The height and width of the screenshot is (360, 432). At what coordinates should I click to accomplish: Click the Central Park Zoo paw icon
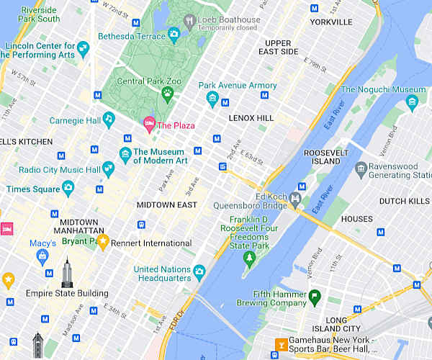tap(167, 93)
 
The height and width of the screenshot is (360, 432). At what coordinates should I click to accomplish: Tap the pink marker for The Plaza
tap(149, 125)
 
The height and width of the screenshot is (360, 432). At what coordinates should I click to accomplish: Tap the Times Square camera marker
tap(68, 188)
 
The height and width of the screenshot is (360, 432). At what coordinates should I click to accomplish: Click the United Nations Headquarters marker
tap(199, 271)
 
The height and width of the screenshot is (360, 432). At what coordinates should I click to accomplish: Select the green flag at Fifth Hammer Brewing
tap(314, 296)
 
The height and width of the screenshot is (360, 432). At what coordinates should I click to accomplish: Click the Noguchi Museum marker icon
tap(411, 102)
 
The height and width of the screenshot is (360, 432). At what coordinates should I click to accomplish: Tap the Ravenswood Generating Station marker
tap(361, 169)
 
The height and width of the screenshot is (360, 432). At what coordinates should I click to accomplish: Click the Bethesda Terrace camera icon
tap(174, 34)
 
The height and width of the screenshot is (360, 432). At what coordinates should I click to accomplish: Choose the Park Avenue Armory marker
tap(212, 98)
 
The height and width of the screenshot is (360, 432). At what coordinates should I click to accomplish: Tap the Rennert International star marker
tap(103, 241)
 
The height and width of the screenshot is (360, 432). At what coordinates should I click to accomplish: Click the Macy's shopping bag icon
tap(42, 256)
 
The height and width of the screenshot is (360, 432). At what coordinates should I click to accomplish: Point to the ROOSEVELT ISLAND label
tap(326, 158)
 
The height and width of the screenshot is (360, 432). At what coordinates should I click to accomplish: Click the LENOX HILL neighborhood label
tap(251, 117)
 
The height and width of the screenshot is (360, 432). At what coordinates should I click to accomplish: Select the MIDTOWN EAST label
tap(167, 205)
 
